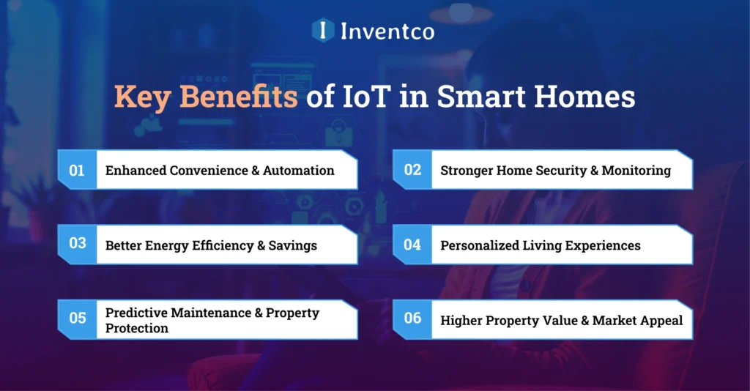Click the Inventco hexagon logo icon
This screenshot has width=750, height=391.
pyautogui.click(x=323, y=30)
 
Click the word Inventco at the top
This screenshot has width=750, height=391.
pyautogui.click(x=387, y=31)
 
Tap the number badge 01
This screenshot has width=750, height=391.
pyautogui.click(x=77, y=171)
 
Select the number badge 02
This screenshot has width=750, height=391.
pyautogui.click(x=412, y=171)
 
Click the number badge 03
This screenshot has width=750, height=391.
pyautogui.click(x=77, y=244)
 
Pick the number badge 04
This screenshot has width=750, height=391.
pyautogui.click(x=412, y=245)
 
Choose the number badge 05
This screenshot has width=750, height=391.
pyautogui.click(x=77, y=319)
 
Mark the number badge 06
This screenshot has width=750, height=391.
pyautogui.click(x=412, y=319)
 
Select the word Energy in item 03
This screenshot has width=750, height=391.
pyautogui.click(x=165, y=245)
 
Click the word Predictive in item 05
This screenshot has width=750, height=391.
pyautogui.click(x=136, y=313)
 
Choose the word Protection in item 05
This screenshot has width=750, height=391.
pyautogui.click(x=137, y=328)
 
